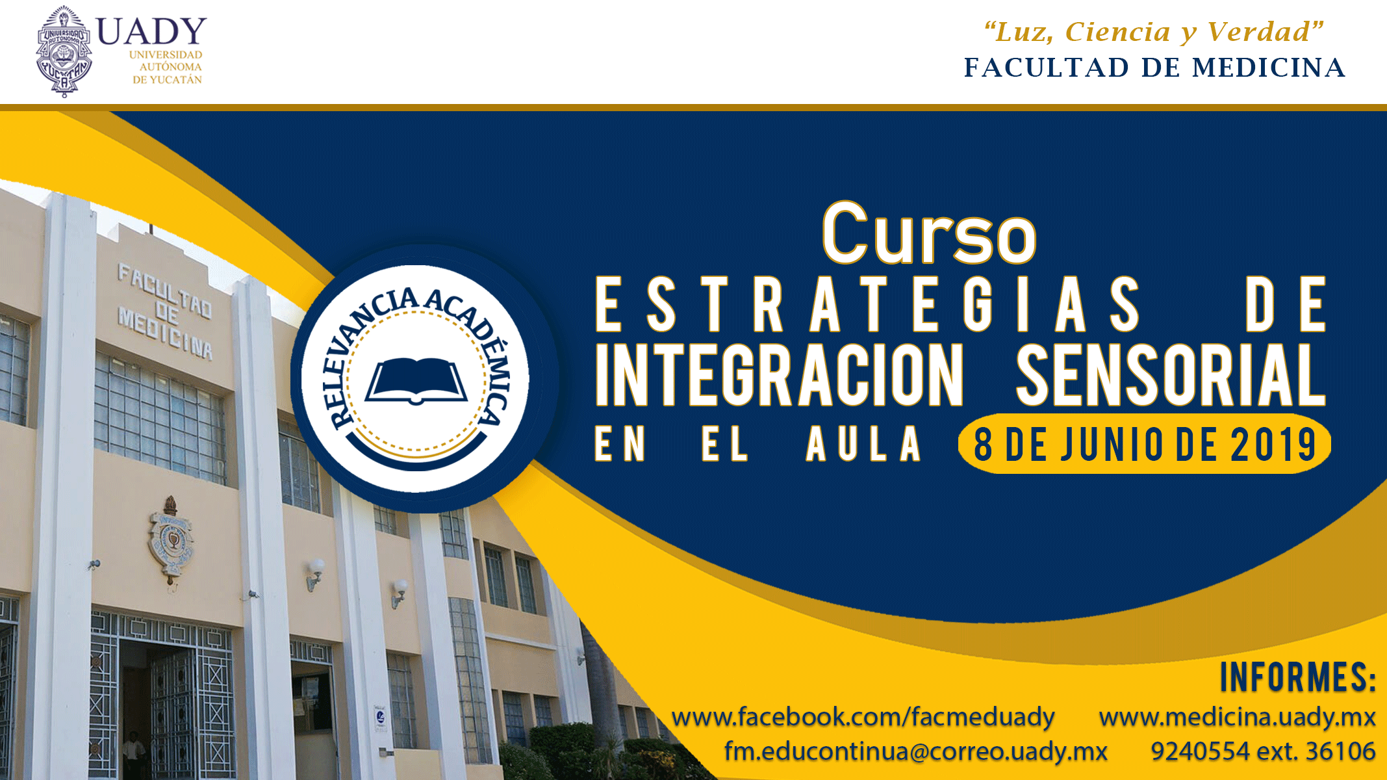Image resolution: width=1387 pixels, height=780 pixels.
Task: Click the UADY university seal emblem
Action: tap(64, 51)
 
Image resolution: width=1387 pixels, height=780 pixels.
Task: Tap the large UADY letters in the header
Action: tap(151, 31)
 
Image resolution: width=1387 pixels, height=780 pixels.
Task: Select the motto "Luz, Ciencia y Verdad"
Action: tap(1154, 32)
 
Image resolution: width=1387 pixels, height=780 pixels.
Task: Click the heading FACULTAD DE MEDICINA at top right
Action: tap(1154, 68)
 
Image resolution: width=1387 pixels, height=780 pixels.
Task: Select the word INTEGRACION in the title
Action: tap(780, 375)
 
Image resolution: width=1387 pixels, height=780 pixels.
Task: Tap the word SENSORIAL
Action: tap(1171, 375)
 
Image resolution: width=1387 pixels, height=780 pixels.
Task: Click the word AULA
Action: tap(863, 445)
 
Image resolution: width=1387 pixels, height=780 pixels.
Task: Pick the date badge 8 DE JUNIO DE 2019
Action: tap(1145, 445)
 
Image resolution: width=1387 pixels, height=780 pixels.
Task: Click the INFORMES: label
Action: tap(1297, 677)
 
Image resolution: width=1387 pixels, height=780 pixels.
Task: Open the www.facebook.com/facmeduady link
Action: tap(863, 717)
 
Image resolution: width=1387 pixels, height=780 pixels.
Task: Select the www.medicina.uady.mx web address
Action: tap(1237, 717)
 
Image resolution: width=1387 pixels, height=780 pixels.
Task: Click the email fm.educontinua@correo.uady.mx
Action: tap(915, 751)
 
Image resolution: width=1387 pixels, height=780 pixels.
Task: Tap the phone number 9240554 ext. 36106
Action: tap(1263, 751)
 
